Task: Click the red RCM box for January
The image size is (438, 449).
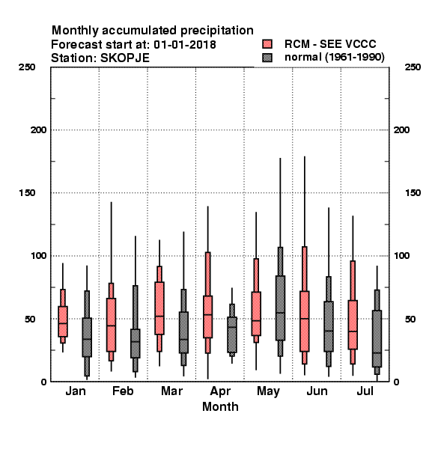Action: pos(63,321)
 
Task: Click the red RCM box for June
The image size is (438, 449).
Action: pos(305,321)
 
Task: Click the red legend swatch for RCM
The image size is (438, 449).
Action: pos(267,44)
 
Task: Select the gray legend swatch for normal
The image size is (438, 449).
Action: pos(267,58)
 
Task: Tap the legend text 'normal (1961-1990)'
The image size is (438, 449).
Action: pos(334,58)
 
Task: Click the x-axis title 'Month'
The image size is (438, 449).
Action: pos(220,406)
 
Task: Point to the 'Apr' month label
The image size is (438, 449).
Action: pos(220,391)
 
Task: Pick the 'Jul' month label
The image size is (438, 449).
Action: pos(365,391)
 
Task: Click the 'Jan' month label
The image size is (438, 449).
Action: pos(76,391)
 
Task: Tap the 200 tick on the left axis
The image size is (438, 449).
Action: pos(39,130)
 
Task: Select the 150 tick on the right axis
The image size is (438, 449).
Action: pos(413,193)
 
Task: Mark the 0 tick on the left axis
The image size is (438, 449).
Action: pos(43,382)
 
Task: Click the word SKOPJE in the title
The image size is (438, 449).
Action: pos(124,58)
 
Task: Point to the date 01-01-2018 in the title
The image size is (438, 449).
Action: pos(185,44)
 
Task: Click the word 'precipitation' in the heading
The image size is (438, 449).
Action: pos(217,31)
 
